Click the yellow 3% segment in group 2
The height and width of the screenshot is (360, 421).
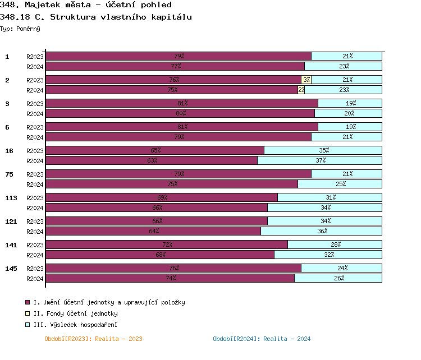pyautogui.click(x=306, y=80)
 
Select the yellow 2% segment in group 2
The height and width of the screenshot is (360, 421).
pyautogui.click(x=301, y=90)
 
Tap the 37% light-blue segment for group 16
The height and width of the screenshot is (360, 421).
pyautogui.click(x=320, y=160)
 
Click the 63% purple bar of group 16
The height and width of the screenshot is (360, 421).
pyautogui.click(x=152, y=160)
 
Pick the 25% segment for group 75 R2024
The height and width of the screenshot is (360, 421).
pyautogui.click(x=340, y=184)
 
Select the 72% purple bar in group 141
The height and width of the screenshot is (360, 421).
pyautogui.click(x=167, y=244)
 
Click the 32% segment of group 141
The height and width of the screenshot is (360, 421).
pyautogui.click(x=328, y=255)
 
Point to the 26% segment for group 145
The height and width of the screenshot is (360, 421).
pyautogui.click(x=338, y=278)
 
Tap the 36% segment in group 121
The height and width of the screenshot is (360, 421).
pyautogui.click(x=321, y=231)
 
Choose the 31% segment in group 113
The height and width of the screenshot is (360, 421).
pyautogui.click(x=330, y=197)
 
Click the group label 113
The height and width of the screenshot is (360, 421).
pyautogui.click(x=11, y=198)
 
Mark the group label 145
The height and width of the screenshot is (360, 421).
pyautogui.click(x=11, y=269)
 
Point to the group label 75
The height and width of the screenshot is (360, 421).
pyautogui.click(x=9, y=174)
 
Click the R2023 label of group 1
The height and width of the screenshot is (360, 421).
pyautogui.click(x=35, y=57)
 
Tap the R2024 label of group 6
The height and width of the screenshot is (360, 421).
pyautogui.click(x=35, y=137)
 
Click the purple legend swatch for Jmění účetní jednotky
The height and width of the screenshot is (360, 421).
pyautogui.click(x=28, y=302)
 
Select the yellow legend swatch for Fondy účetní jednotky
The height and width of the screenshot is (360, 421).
pyautogui.click(x=28, y=313)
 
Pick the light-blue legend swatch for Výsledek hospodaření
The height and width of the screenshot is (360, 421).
pyautogui.click(x=28, y=325)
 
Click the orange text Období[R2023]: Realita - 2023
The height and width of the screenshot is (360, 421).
pyautogui.click(x=93, y=339)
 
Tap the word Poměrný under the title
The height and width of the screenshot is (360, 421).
pyautogui.click(x=29, y=28)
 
